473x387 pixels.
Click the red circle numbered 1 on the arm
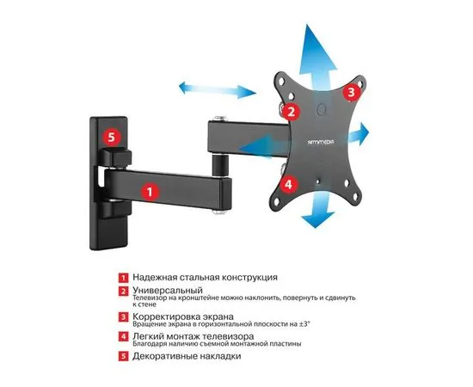pos(150,191)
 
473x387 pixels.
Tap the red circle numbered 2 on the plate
pos(291,112)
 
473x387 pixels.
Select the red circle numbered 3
pos(352,92)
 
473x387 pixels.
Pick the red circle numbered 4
pos(289,184)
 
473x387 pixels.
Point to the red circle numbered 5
pos(112,138)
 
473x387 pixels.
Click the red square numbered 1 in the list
pos(123,278)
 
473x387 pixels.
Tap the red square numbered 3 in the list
pos(123,317)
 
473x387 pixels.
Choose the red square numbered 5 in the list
pos(123,356)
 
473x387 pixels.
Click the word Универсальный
pos(168,291)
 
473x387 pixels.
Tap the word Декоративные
pos(162,356)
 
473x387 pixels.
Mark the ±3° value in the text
pos(304,324)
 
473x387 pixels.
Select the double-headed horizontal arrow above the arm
pos(218,89)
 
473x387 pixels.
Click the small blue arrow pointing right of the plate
pos(359,133)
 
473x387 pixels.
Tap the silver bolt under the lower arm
pos(219,212)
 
